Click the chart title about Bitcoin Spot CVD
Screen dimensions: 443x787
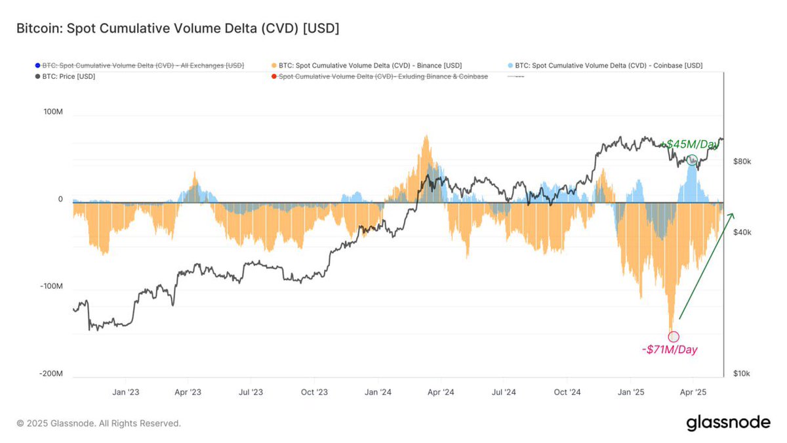tap(177, 29)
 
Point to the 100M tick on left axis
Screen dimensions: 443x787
tap(52, 112)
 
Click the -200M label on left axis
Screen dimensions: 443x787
tap(50, 373)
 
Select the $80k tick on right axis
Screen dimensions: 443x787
tap(742, 161)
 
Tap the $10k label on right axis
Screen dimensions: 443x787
tap(742, 373)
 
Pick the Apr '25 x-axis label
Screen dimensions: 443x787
tap(693, 392)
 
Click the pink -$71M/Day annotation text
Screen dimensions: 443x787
tap(670, 350)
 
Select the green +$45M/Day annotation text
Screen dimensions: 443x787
tap(691, 144)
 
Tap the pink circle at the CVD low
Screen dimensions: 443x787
tap(674, 337)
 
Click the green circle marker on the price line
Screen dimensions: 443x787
tap(692, 160)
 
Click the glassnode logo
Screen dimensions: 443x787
tap(728, 423)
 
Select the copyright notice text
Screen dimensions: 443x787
tap(98, 423)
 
